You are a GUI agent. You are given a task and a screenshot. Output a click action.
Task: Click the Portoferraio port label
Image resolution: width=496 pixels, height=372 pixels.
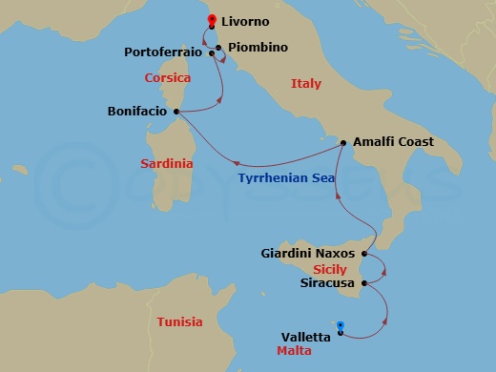[x=164, y=52]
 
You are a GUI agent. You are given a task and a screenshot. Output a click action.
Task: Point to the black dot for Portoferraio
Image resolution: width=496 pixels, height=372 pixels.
[x=211, y=53]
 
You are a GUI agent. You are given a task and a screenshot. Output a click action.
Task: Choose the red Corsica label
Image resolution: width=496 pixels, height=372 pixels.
[x=168, y=78]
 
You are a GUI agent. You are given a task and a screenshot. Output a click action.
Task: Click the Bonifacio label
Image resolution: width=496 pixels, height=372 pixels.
[x=138, y=112]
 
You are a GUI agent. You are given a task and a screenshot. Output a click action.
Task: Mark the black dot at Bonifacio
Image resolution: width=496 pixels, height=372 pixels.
[x=176, y=112]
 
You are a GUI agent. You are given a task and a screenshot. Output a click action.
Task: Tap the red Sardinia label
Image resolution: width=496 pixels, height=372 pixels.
[x=166, y=164]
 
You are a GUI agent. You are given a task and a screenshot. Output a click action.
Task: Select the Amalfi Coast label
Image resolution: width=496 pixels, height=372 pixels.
[x=393, y=141]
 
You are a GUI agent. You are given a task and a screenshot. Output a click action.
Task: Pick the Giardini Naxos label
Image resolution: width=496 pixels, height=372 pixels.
[x=308, y=254]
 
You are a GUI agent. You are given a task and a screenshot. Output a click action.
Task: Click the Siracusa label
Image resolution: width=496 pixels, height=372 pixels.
[x=325, y=283]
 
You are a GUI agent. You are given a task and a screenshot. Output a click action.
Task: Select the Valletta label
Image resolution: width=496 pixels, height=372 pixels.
[x=306, y=336]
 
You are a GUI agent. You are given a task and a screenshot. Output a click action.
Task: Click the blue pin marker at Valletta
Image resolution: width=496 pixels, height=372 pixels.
[x=341, y=330]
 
